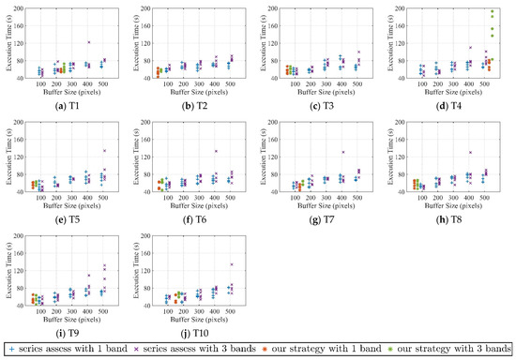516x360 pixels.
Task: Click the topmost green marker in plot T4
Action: (492, 12)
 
